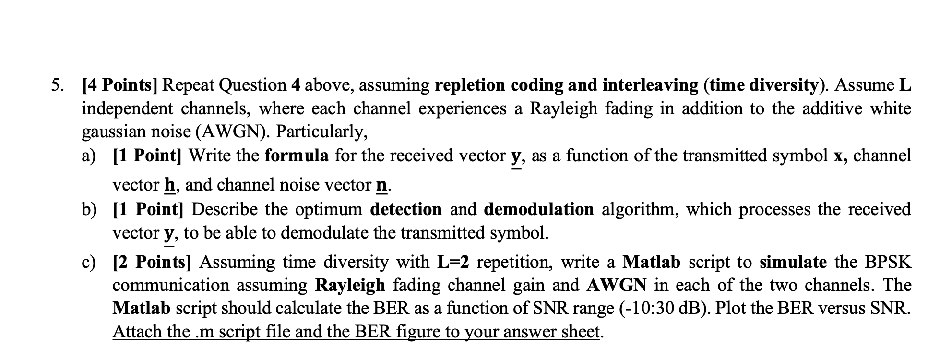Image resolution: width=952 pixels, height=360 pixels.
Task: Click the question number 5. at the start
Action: coord(57,85)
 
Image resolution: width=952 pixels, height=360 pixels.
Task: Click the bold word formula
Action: coord(297,156)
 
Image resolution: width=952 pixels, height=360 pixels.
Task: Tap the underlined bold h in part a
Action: coord(169,185)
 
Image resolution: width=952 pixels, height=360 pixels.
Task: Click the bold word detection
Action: coord(406,209)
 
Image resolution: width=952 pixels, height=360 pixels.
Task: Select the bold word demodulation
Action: coord(539,209)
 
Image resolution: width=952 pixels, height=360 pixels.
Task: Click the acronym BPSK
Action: coord(887,262)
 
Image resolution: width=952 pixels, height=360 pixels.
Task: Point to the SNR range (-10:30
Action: coord(653,308)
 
